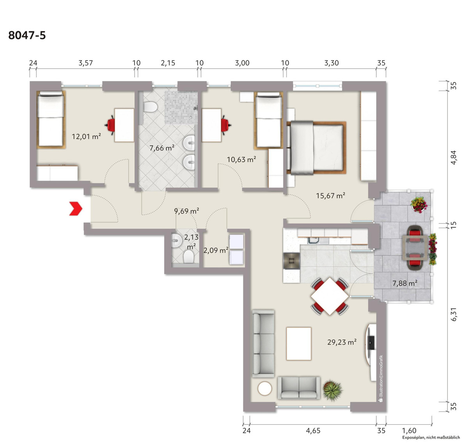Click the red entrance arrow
76,209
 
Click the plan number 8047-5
27,35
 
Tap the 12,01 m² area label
86,137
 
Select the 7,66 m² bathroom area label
162,148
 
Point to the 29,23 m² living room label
342,342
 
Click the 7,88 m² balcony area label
405,283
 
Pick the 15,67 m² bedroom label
331,195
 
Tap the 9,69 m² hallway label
186,211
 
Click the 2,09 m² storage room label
216,251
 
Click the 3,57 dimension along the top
86,63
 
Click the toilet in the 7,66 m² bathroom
150,107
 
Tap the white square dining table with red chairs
330,296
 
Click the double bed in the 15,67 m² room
317,148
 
